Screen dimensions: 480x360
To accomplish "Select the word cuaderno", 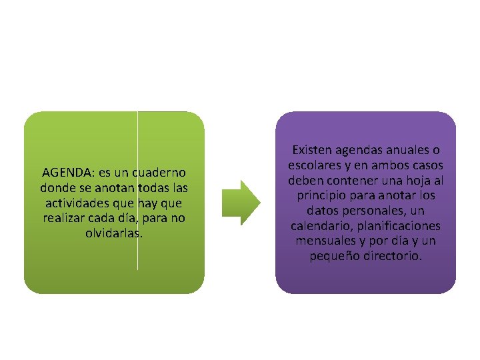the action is point(161,172).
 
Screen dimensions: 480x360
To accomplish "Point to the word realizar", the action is point(63,218).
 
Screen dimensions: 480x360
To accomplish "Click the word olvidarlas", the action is point(114,233).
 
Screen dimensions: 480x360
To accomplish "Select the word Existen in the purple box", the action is point(313,150).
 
